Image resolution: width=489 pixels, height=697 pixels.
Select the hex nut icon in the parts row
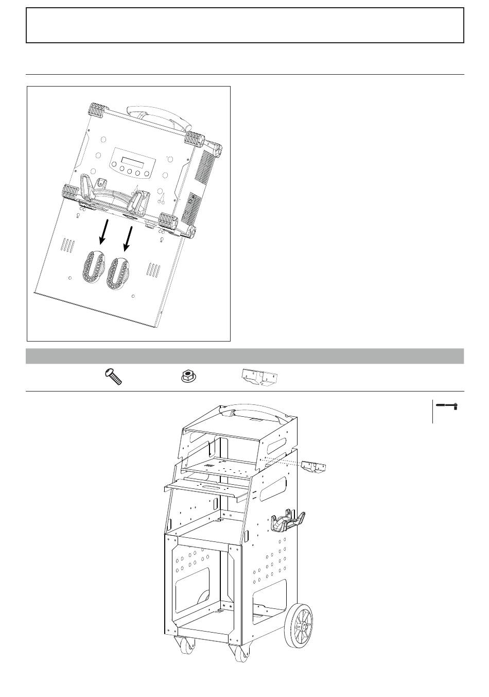[188, 377]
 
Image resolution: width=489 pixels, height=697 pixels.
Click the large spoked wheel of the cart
[300, 625]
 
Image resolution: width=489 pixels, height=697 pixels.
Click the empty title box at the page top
[245, 25]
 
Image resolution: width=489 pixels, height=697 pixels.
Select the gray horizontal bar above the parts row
[245, 356]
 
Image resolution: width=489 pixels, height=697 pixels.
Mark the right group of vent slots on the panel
[154, 269]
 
